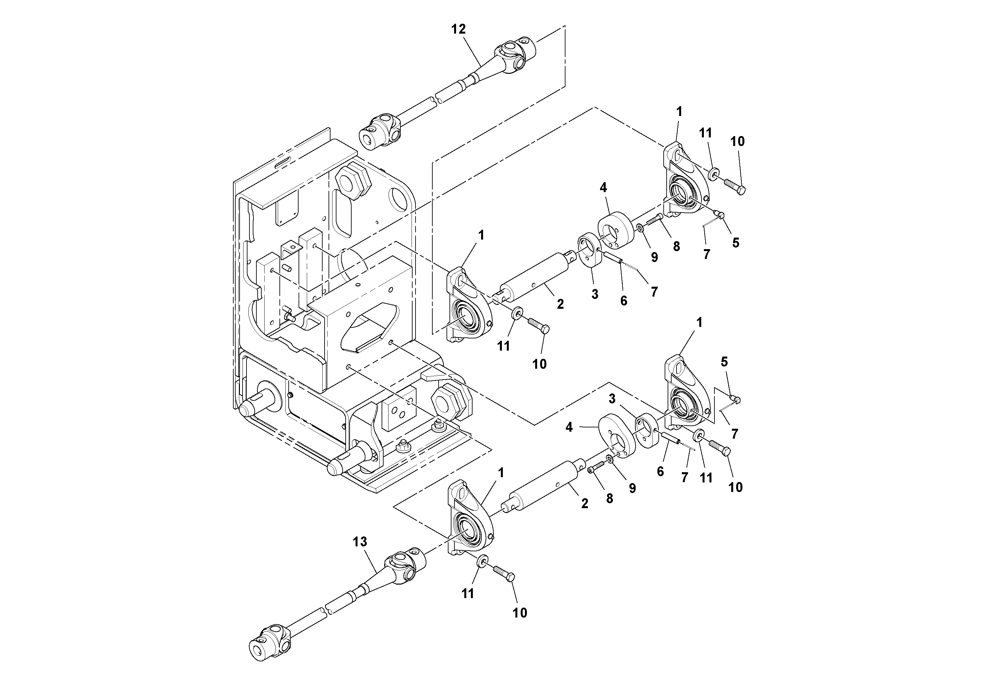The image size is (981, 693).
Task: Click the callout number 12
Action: (x=458, y=29)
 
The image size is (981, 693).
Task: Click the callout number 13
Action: (x=360, y=542)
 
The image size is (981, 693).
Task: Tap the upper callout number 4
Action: (x=603, y=188)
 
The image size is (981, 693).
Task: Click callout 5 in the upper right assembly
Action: (x=735, y=243)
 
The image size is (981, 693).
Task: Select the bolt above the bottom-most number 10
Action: (x=504, y=572)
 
